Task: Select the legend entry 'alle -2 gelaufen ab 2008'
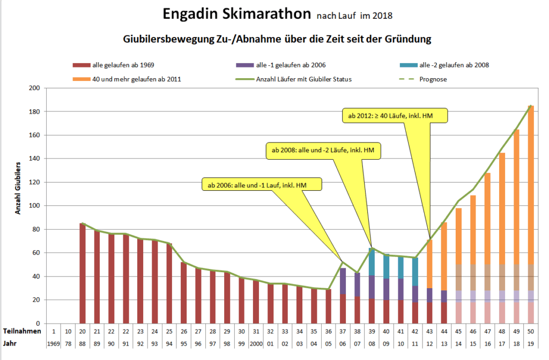pyautogui.click(x=454, y=65)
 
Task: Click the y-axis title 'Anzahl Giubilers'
pyautogui.click(x=18, y=187)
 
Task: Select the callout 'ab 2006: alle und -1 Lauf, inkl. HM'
pyautogui.click(x=261, y=185)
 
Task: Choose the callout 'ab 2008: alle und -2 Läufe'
pyautogui.click(x=323, y=151)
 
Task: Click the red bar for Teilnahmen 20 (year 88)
pyautogui.click(x=83, y=273)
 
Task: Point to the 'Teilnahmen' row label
pyautogui.click(x=22, y=332)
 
